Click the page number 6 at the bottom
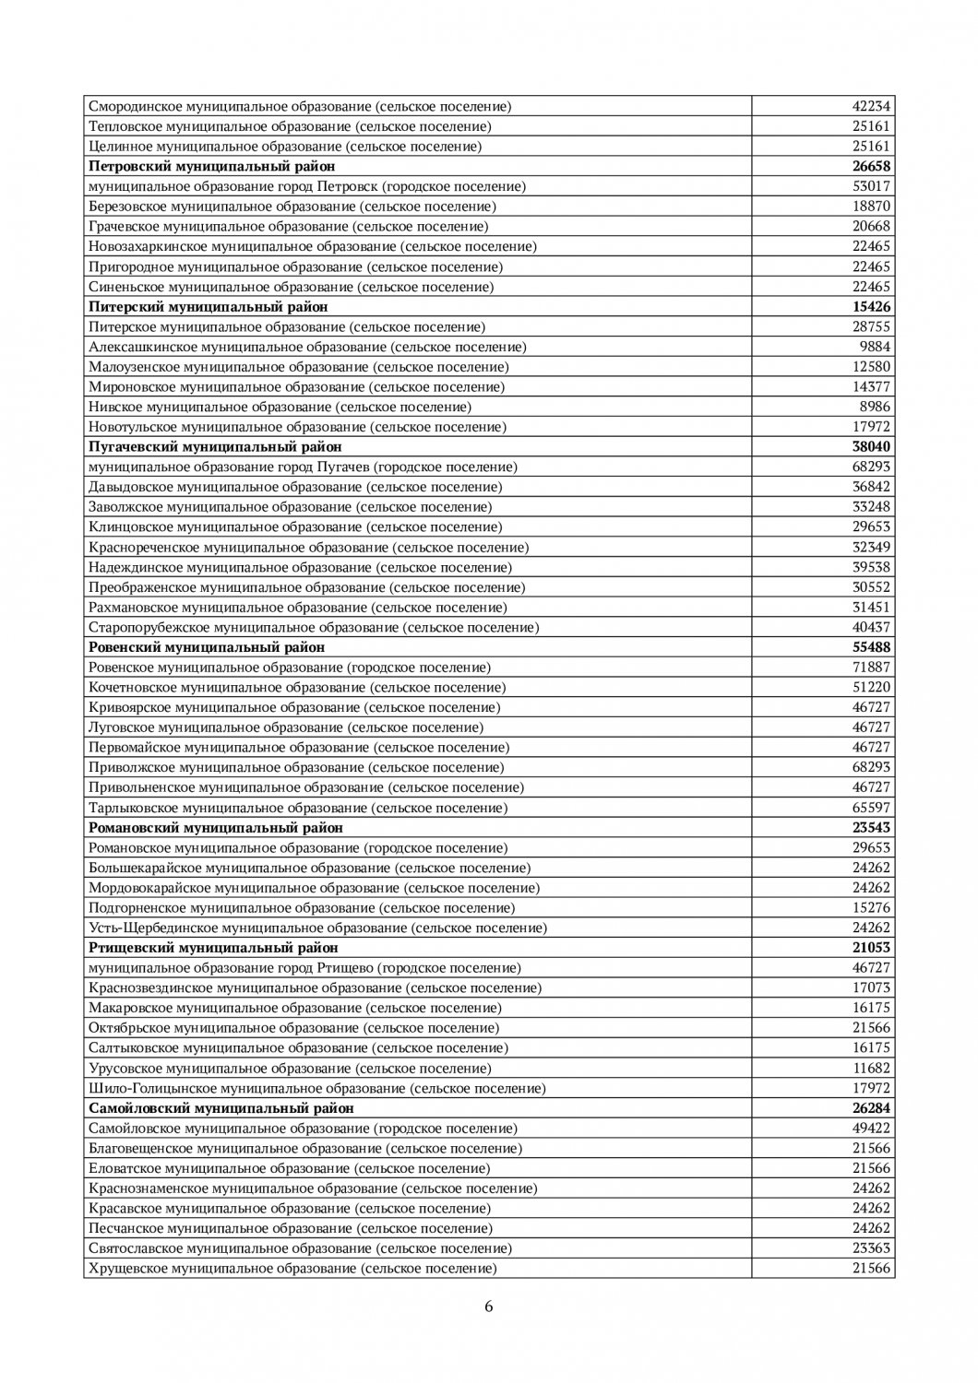coord(489,1306)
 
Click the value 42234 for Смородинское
coord(870,106)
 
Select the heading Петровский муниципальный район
coord(211,166)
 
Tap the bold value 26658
coord(870,166)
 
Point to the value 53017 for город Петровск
coord(870,186)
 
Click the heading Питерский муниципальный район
coord(208,306)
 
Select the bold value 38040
coord(870,447)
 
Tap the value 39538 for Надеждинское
coord(870,567)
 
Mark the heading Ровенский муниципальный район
coord(207,647)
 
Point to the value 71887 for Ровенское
coord(870,668)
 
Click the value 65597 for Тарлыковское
coord(870,808)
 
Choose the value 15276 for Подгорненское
coord(870,907)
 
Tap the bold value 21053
coord(870,948)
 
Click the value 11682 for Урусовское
coord(870,1068)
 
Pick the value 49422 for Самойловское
coord(870,1129)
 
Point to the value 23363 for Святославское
coord(870,1248)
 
